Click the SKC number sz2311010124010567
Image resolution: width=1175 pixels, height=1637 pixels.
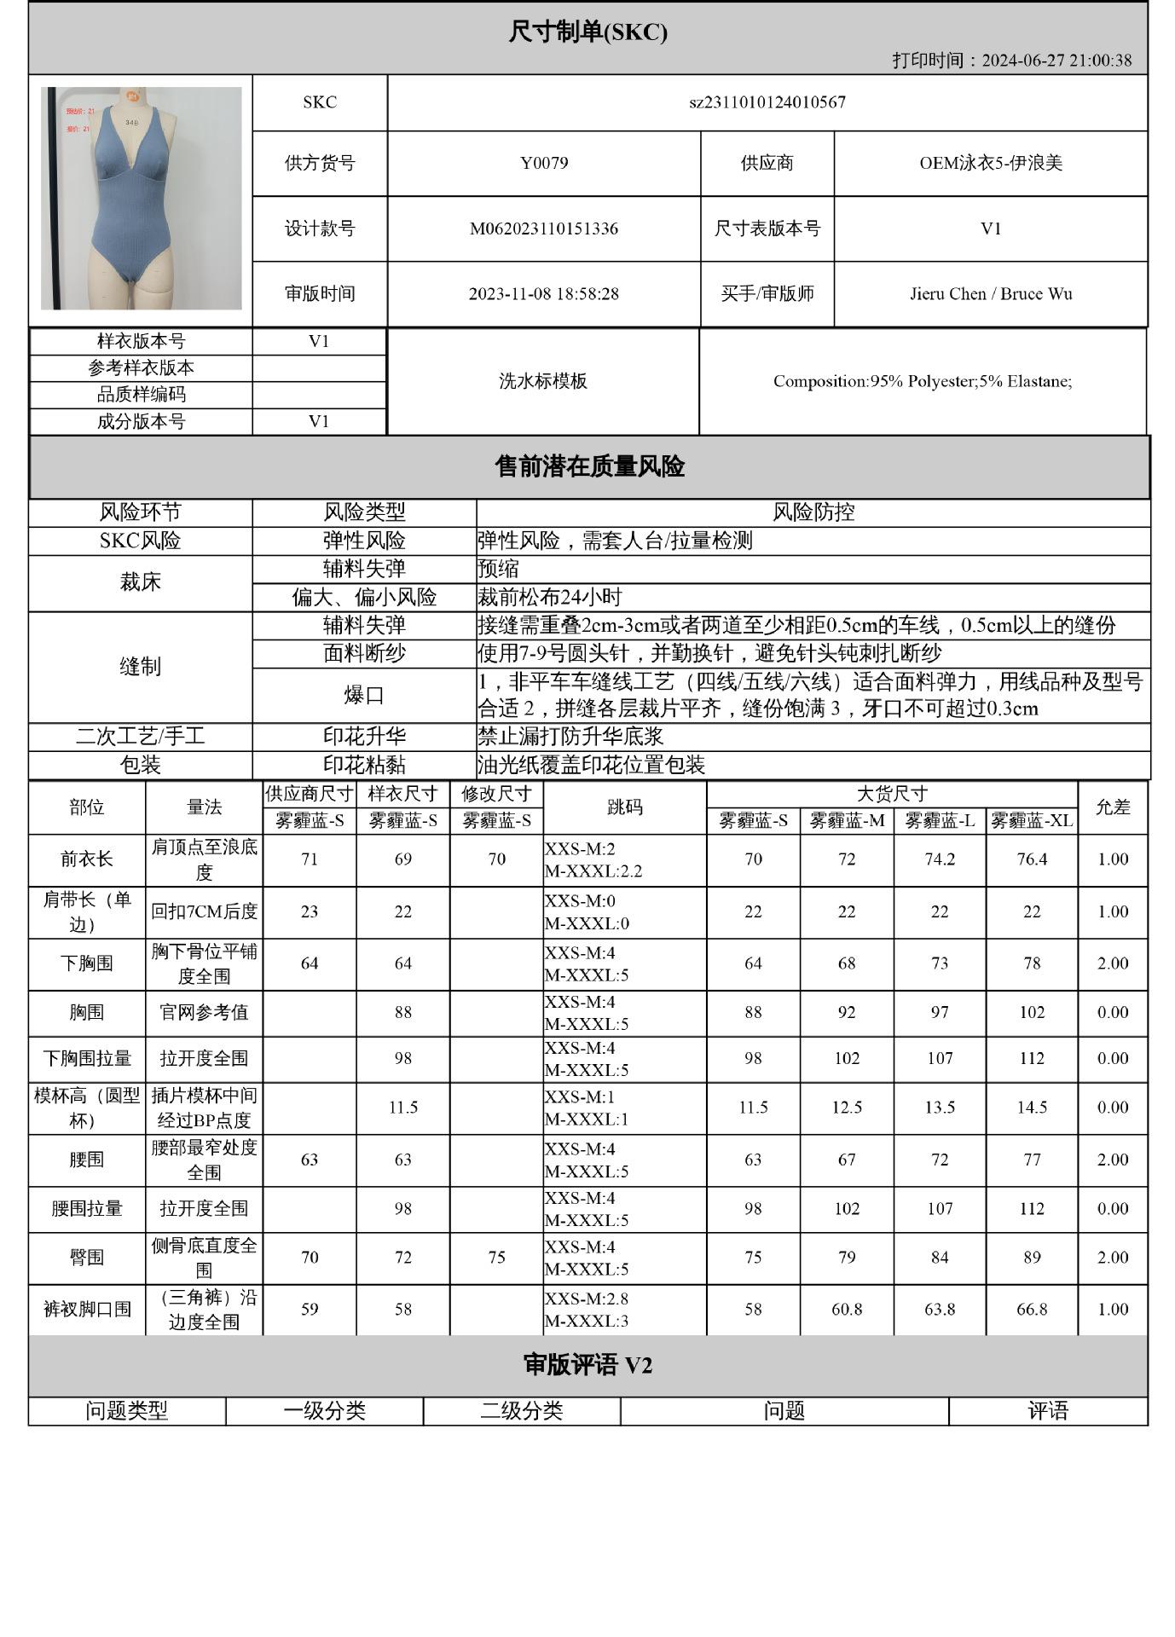[767, 102]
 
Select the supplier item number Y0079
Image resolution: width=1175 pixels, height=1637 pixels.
[544, 163]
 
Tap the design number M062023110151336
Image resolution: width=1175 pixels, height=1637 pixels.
[544, 228]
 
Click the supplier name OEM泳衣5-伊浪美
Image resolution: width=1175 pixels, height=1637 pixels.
[990, 163]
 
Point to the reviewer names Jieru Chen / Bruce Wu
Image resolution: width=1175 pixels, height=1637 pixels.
[990, 294]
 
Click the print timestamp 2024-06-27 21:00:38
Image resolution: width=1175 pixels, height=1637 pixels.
[1056, 61]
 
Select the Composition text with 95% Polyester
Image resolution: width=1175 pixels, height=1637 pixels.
[922, 381]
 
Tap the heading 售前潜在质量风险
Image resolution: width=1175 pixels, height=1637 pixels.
[589, 466]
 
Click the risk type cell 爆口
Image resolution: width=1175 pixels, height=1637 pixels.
[364, 695]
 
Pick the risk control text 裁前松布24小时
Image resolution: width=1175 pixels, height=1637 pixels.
[550, 597]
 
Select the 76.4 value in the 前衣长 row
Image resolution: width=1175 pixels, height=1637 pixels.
[1031, 859]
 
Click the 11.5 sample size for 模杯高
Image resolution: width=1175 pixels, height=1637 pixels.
[402, 1108]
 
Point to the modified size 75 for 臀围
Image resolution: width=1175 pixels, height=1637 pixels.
[496, 1258]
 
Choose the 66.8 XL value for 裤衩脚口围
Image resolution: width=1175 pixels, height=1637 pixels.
[1031, 1309]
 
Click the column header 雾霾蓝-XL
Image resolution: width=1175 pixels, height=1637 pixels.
[1031, 821]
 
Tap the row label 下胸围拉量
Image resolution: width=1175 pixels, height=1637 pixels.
[87, 1059]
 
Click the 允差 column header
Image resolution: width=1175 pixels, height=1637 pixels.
[1112, 807]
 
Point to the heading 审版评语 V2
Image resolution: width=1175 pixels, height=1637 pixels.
[587, 1365]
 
